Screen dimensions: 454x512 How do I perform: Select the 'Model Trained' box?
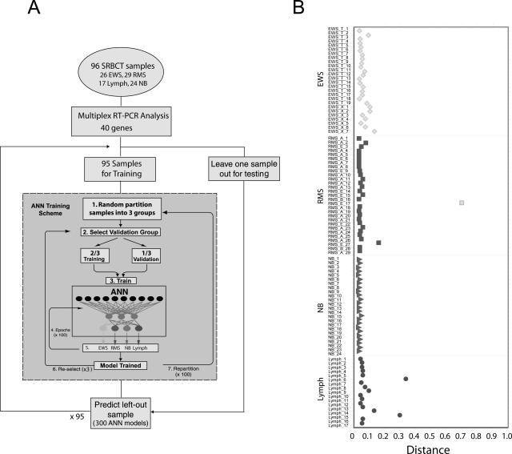tap(121, 364)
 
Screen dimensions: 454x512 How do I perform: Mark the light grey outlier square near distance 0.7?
tap(462, 202)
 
